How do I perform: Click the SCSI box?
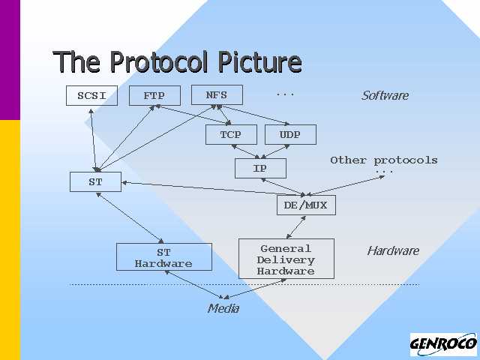coord(92,96)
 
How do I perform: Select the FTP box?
coord(154,96)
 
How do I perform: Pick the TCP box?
coord(230,135)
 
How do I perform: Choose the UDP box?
coord(289,135)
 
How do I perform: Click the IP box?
coord(259,169)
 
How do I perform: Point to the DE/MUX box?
coord(305,205)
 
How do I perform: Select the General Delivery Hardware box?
coord(286,259)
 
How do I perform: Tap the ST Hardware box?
coord(163,258)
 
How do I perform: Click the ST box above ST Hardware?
coord(95,182)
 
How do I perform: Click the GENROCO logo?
coord(442,345)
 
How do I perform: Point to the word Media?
coord(223,308)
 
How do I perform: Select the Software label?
coord(385,95)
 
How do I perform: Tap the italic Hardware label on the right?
coord(392,250)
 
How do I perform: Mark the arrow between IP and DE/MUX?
coord(282,187)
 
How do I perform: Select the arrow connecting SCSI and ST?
coord(93,139)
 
